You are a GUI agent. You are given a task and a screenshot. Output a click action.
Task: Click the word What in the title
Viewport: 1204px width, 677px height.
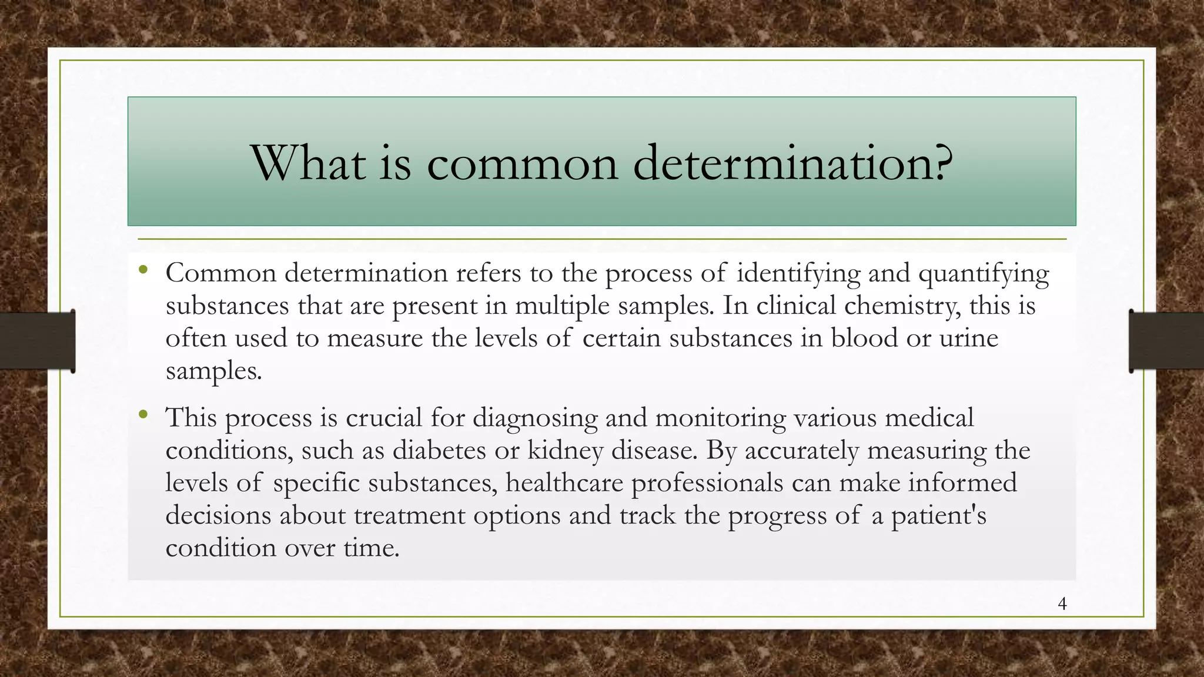(309, 163)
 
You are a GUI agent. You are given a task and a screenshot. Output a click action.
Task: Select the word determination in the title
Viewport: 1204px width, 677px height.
(781, 163)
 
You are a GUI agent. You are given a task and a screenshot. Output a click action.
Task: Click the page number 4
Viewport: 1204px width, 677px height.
(1062, 604)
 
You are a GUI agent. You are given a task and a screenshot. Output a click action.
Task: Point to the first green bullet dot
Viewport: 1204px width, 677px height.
(143, 271)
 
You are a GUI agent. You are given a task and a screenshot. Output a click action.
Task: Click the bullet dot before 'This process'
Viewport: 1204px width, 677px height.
(143, 415)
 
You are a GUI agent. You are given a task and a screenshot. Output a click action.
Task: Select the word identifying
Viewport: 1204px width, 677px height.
(798, 274)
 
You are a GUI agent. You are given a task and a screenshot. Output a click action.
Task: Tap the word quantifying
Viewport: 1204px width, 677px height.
(984, 274)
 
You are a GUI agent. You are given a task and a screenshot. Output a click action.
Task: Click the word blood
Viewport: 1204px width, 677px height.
(864, 338)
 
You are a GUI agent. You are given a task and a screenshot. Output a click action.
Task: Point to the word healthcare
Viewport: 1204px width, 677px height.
(564, 483)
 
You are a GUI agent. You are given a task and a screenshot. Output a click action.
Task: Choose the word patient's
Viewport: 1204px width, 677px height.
(938, 516)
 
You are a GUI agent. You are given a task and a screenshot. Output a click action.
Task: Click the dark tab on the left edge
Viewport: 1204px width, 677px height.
(37, 341)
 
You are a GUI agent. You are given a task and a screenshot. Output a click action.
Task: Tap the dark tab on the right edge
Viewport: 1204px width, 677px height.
(1166, 341)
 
